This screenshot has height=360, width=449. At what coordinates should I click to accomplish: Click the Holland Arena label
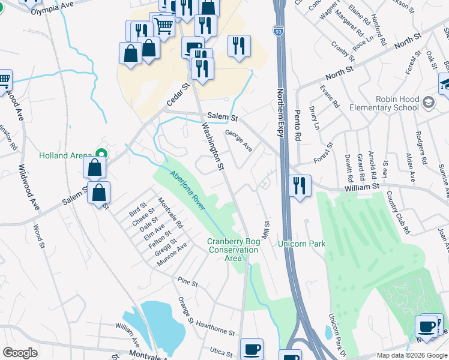coord(65,155)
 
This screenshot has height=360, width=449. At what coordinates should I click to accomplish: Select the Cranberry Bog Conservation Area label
coord(233,250)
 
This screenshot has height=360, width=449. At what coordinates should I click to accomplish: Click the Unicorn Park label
coord(301,244)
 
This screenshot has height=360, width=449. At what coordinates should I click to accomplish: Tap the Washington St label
coord(212,146)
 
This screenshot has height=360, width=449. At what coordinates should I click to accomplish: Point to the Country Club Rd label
coord(399,212)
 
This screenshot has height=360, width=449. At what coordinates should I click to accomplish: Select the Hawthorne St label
coord(214,328)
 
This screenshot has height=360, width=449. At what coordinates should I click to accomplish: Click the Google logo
coord(20,353)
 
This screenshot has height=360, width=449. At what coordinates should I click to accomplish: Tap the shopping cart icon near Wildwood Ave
coord(4,80)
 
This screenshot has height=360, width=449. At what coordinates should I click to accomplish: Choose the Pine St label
coord(188,281)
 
